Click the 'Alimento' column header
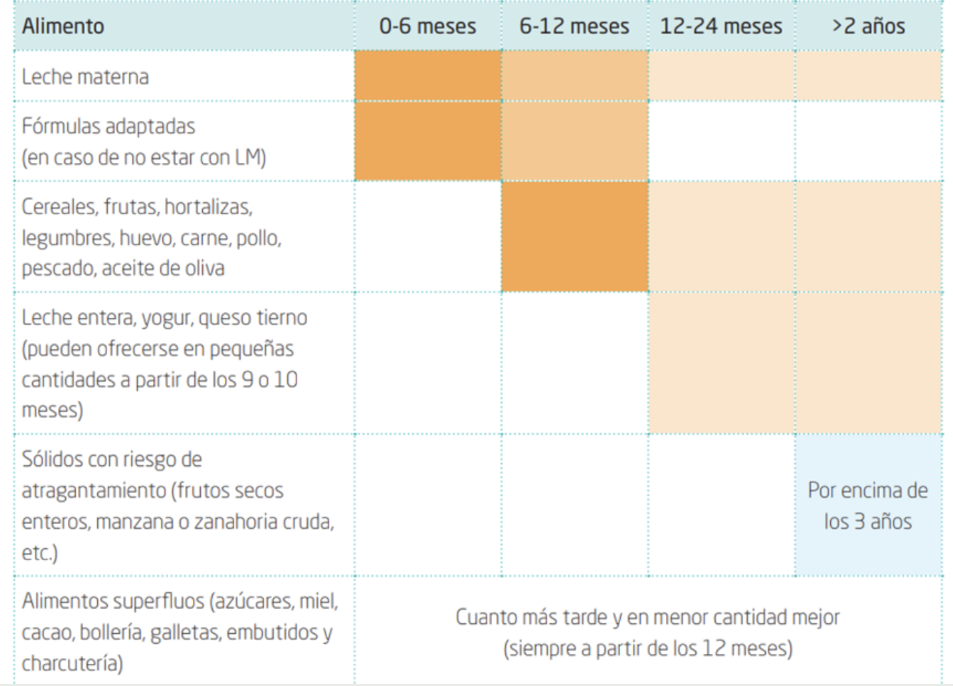point(63,26)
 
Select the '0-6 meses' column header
point(427,26)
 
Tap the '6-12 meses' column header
point(574,26)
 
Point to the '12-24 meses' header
point(721,26)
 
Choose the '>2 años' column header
point(868,26)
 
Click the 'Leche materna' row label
point(85,76)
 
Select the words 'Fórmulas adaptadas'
point(108,126)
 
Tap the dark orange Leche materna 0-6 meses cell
point(427,76)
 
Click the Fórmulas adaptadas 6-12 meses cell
point(574,141)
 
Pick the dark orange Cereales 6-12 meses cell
point(574,237)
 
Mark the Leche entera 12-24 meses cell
point(722,362)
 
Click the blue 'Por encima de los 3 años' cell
point(868,505)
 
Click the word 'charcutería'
point(72,663)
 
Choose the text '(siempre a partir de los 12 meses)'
point(648,649)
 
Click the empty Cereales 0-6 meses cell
point(427,237)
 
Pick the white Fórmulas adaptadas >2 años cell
point(868,141)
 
